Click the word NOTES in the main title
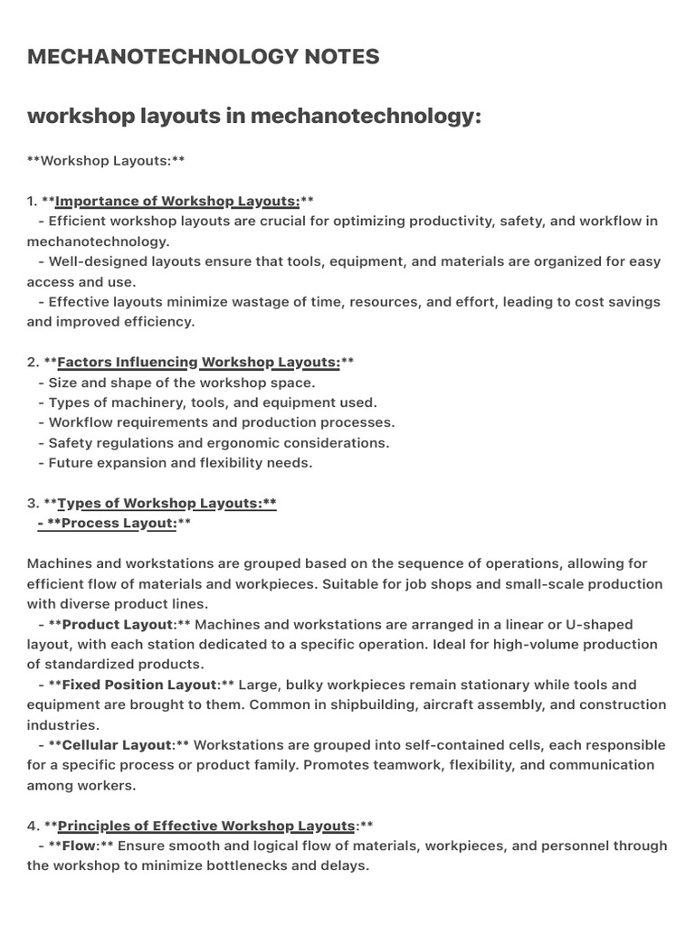[x=336, y=57]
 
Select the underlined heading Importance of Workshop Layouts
[x=177, y=201]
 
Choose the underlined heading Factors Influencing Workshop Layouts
[x=198, y=363]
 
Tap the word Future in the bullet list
[x=73, y=463]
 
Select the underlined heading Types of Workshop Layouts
[x=167, y=504]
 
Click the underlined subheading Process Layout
[x=119, y=524]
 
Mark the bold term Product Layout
[x=117, y=625]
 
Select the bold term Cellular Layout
[x=117, y=745]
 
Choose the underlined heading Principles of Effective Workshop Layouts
[x=205, y=826]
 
